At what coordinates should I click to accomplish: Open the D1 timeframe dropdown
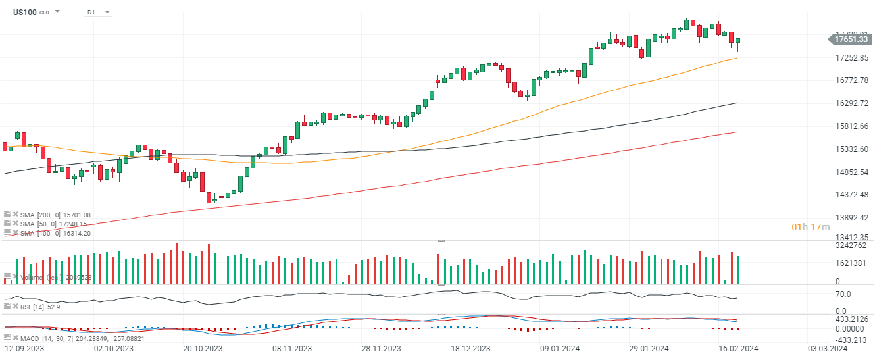[98, 12]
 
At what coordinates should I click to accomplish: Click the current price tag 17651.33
[851, 39]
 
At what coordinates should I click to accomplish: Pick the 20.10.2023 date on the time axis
[203, 348]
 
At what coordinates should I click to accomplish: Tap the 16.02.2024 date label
[739, 348]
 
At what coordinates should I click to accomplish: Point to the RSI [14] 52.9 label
[36, 306]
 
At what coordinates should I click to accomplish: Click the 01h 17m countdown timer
[811, 227]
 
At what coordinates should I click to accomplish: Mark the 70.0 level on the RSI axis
[843, 294]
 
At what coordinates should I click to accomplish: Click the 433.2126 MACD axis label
[851, 319]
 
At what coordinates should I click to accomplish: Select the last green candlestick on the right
[738, 41]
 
